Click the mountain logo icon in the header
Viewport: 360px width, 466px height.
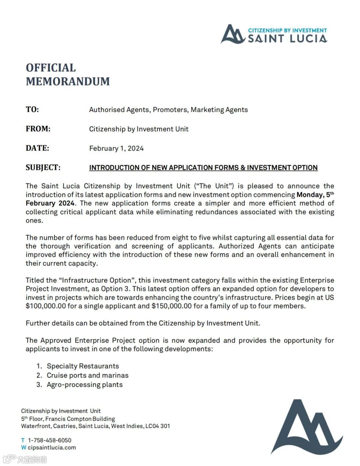(233, 34)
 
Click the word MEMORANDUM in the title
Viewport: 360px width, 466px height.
(68, 81)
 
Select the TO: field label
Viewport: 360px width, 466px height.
(32, 109)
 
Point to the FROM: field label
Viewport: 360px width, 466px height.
(38, 129)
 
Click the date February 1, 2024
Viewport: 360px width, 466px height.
(116, 148)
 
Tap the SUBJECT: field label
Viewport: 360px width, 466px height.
(43, 167)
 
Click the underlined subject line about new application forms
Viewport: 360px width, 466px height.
(203, 168)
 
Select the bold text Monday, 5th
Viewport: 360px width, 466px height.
(315, 195)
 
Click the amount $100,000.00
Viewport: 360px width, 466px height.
(46, 306)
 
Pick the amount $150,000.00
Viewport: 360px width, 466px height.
(171, 306)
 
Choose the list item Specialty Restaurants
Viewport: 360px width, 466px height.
(83, 366)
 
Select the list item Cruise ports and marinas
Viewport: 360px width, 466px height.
(87, 375)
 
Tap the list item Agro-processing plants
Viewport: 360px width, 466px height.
(85, 385)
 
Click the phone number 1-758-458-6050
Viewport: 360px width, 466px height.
(49, 440)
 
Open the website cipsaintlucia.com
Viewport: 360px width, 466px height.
(52, 448)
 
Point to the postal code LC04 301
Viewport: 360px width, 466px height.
(157, 426)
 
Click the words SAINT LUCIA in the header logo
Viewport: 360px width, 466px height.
(287, 39)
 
